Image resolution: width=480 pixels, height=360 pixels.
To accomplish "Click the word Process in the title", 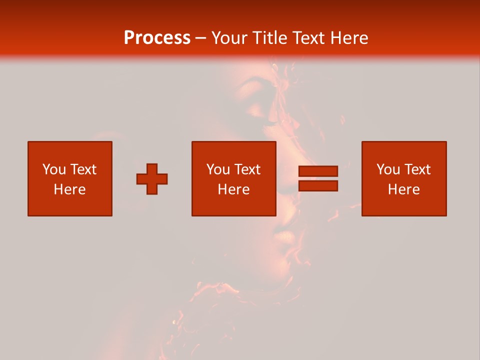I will coord(157,37).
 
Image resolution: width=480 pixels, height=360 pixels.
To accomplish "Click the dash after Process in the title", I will coord(200,38).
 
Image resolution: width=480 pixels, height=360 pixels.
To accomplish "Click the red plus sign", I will coord(152,179).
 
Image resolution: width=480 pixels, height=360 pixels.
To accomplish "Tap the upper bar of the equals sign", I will coord(318,171).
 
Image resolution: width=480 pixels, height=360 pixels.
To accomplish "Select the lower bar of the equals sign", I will coord(318,186).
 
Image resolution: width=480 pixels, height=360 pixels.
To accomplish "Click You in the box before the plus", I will coord(54,169).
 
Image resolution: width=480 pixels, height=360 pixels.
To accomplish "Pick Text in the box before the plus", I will coord(82,169).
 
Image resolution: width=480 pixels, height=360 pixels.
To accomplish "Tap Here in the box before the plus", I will coord(69,189).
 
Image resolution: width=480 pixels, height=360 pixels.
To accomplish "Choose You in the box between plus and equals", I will coord(218,169).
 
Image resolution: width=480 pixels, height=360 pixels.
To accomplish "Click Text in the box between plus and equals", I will coord(246,169).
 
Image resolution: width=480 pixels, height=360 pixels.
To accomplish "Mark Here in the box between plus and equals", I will coord(233,189).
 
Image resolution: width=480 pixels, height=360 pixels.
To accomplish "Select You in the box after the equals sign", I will coord(388,169).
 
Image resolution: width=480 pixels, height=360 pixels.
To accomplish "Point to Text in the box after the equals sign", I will coord(416,169).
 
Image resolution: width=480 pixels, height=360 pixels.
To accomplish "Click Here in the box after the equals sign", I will coord(403,189).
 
